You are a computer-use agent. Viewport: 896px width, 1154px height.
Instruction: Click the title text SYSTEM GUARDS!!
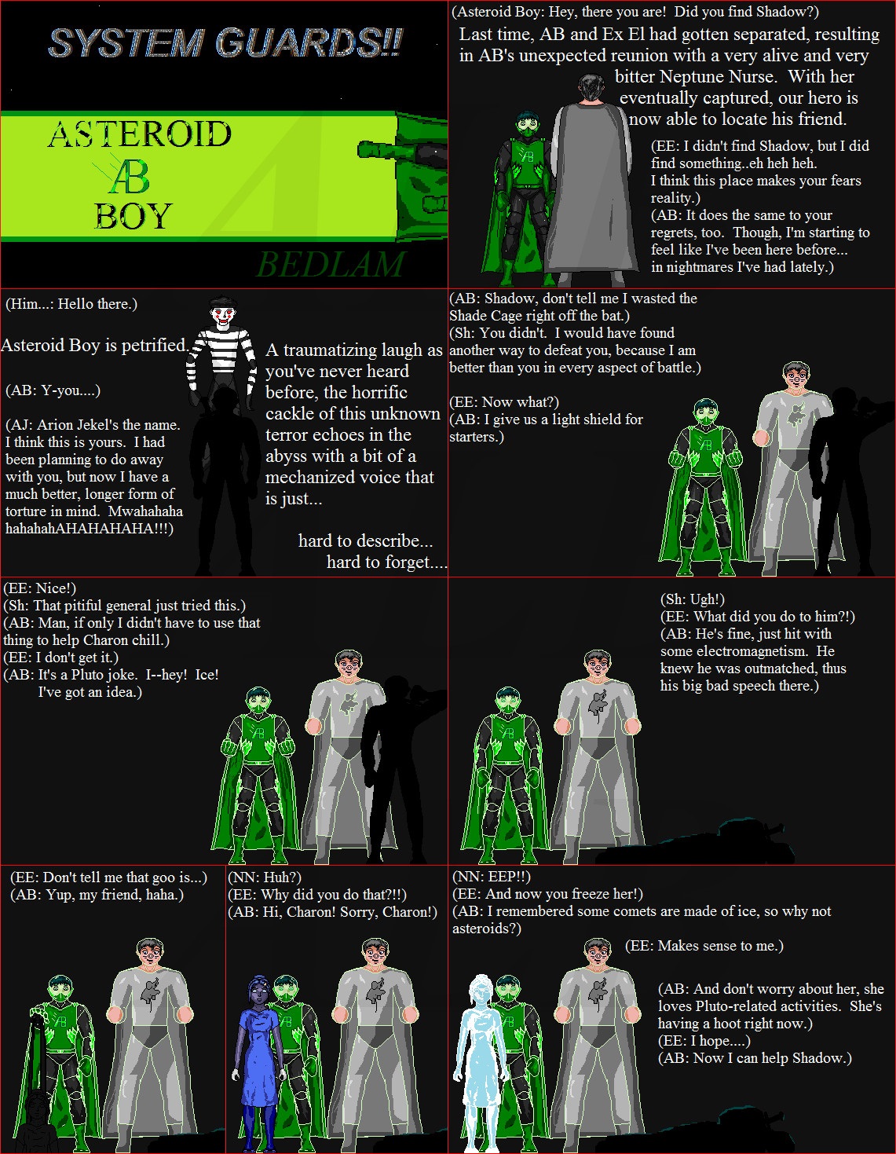tap(225, 42)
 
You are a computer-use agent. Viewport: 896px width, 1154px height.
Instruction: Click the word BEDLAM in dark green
tap(330, 264)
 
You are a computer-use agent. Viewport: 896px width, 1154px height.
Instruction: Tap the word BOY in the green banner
tap(133, 216)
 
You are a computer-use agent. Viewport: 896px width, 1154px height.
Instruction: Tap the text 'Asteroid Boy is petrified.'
tap(94, 345)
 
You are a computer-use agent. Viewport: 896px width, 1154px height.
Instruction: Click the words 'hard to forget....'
tap(386, 562)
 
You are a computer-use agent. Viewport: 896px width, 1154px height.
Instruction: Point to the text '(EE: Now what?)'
tap(503, 402)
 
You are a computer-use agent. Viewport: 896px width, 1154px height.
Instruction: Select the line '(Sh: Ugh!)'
tap(692, 599)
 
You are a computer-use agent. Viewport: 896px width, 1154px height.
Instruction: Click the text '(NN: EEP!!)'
tap(491, 876)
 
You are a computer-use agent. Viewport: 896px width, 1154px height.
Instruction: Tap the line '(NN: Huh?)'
tap(265, 877)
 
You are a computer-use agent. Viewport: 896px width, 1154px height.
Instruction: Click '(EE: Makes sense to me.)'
tap(704, 945)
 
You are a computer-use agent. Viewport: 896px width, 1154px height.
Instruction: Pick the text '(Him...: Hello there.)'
tap(71, 304)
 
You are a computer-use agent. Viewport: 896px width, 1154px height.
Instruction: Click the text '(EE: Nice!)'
tap(40, 588)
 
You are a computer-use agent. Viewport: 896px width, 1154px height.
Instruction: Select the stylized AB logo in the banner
tap(126, 176)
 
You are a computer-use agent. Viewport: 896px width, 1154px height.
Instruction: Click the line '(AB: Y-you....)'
tap(53, 390)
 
